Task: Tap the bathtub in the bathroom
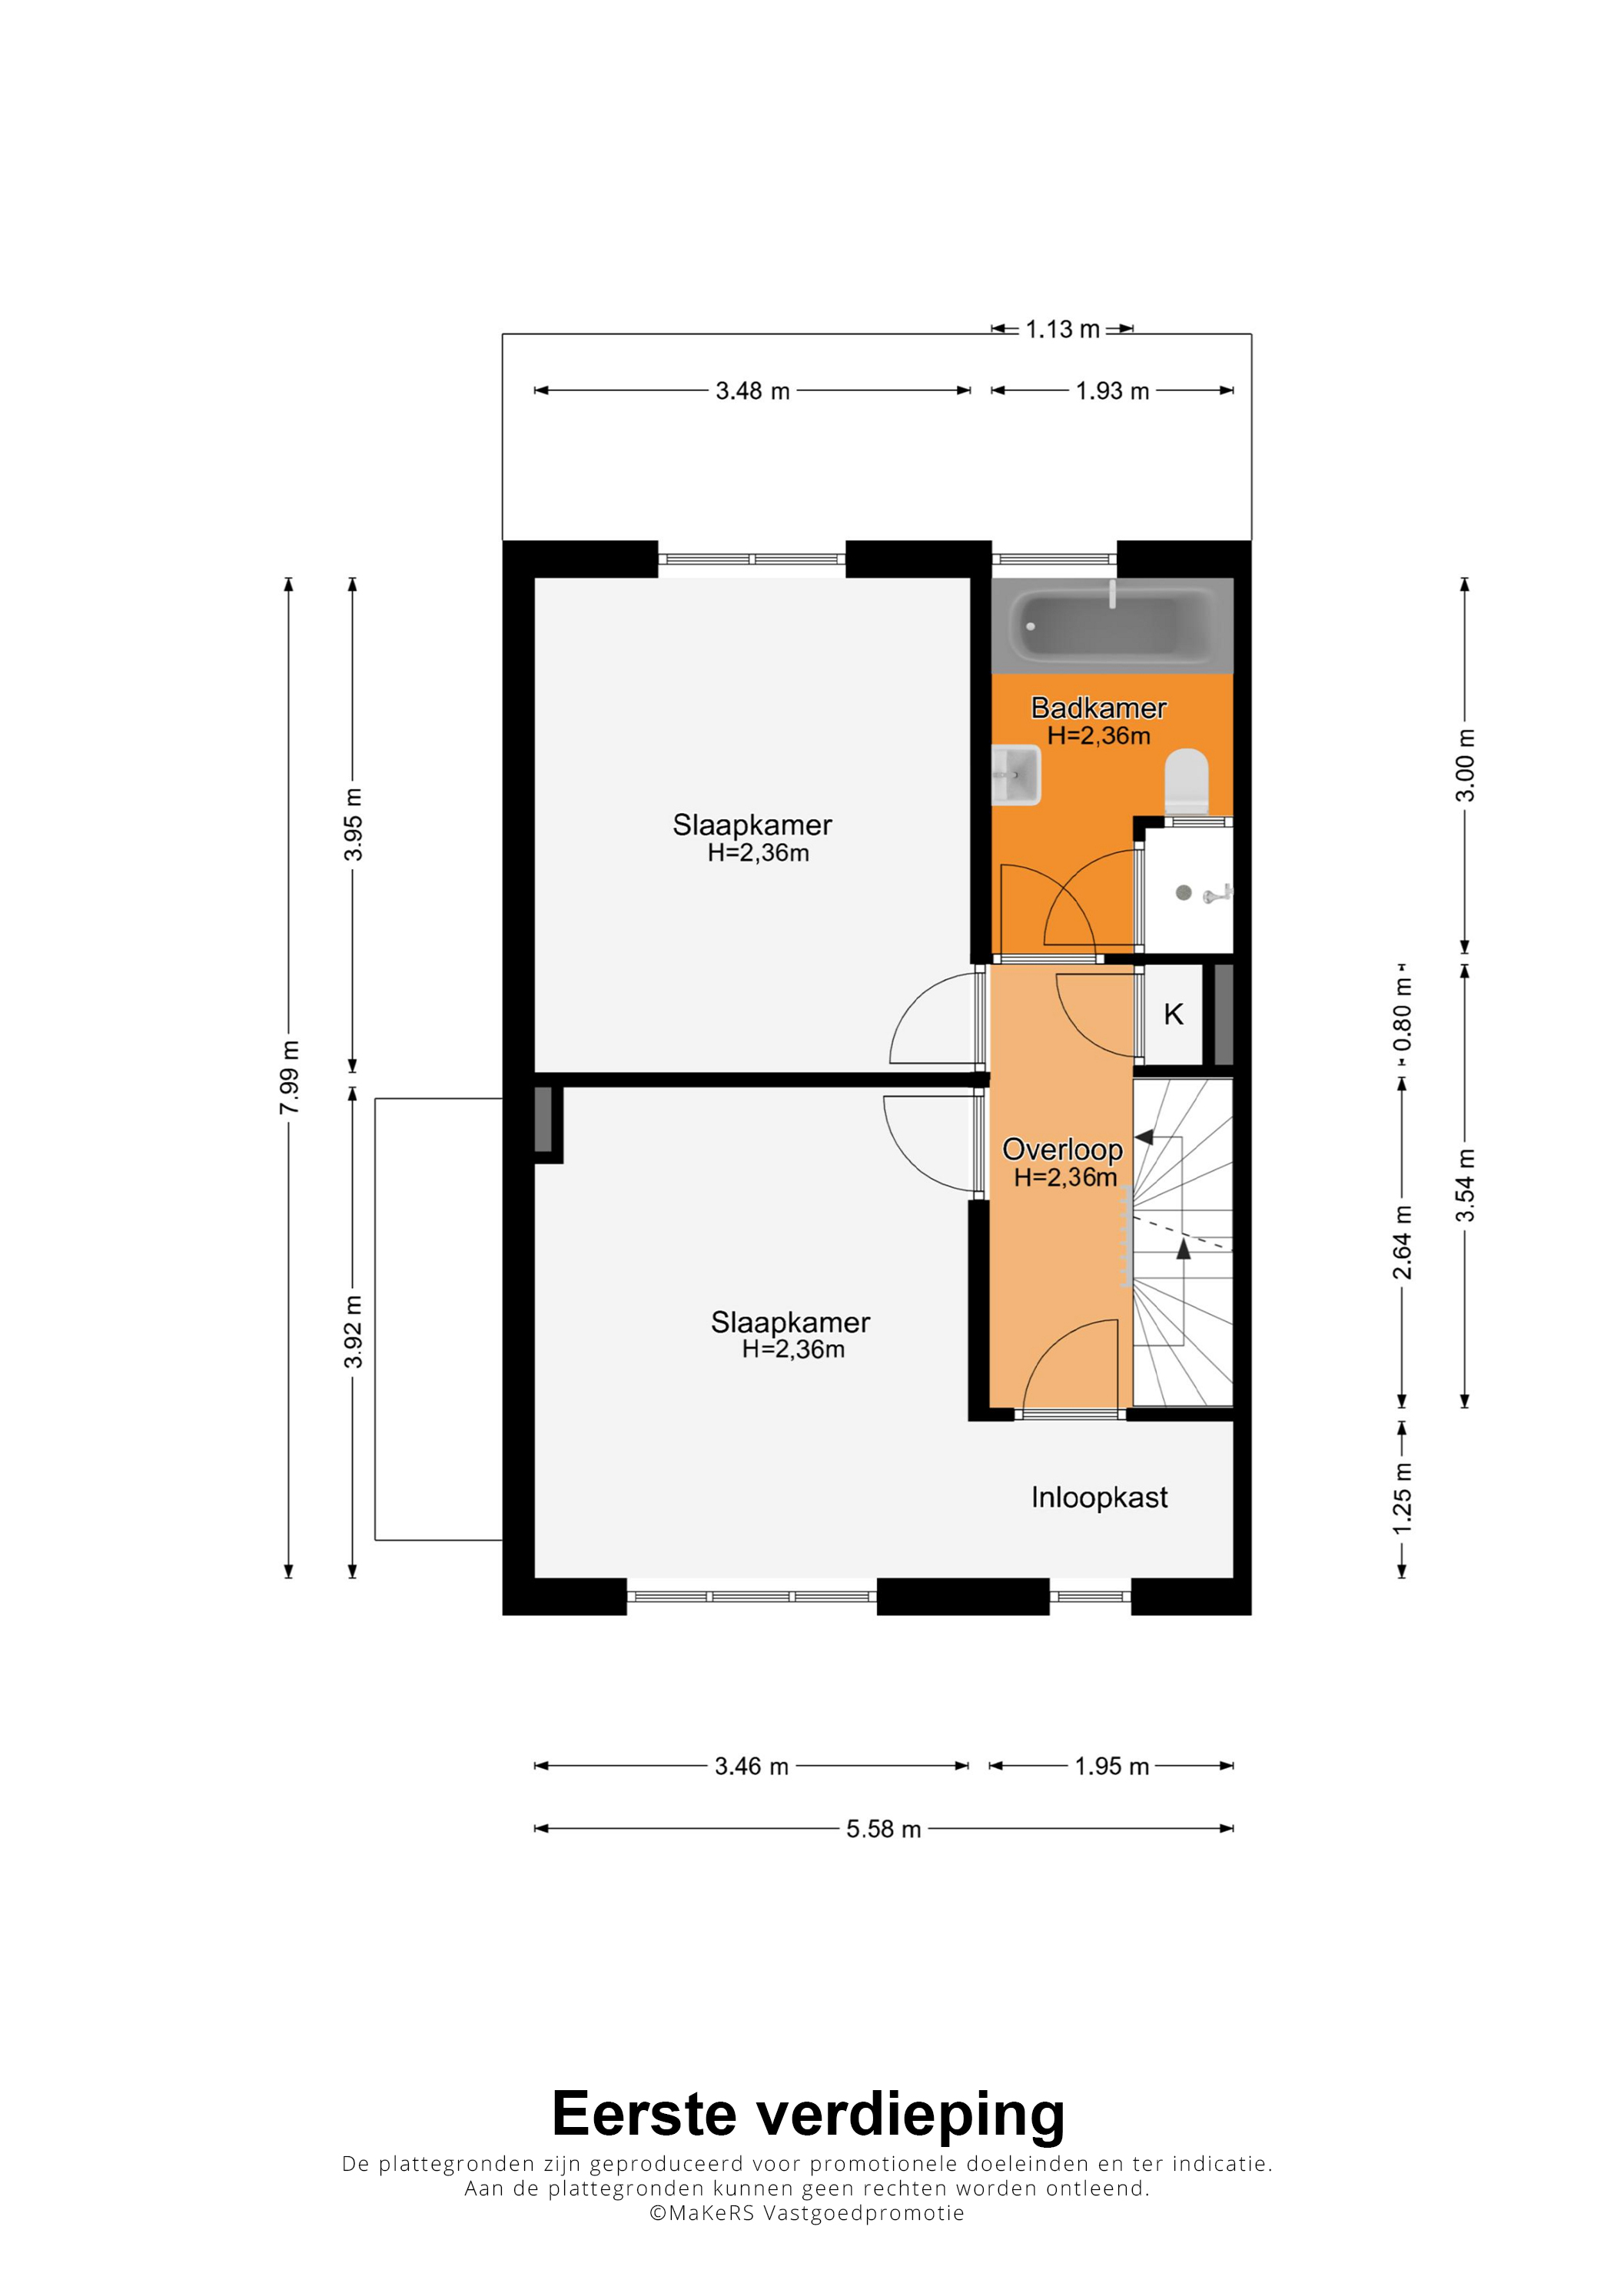pyautogui.click(x=1112, y=626)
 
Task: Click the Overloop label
pyautogui.click(x=1062, y=1150)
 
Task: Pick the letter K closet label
pyautogui.click(x=1174, y=1014)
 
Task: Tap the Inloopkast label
pyautogui.click(x=1099, y=1498)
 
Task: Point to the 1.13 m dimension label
pyautogui.click(x=1062, y=329)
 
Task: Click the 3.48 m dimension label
pyautogui.click(x=752, y=391)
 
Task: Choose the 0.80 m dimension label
pyautogui.click(x=1402, y=1014)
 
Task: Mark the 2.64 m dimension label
pyautogui.click(x=1402, y=1243)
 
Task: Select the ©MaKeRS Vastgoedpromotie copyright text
pyautogui.click(x=806, y=2212)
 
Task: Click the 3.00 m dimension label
pyautogui.click(x=1465, y=765)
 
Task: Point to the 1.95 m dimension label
pyautogui.click(x=1112, y=1766)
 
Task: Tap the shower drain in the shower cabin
pyautogui.click(x=1184, y=893)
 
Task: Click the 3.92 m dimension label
pyautogui.click(x=352, y=1332)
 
